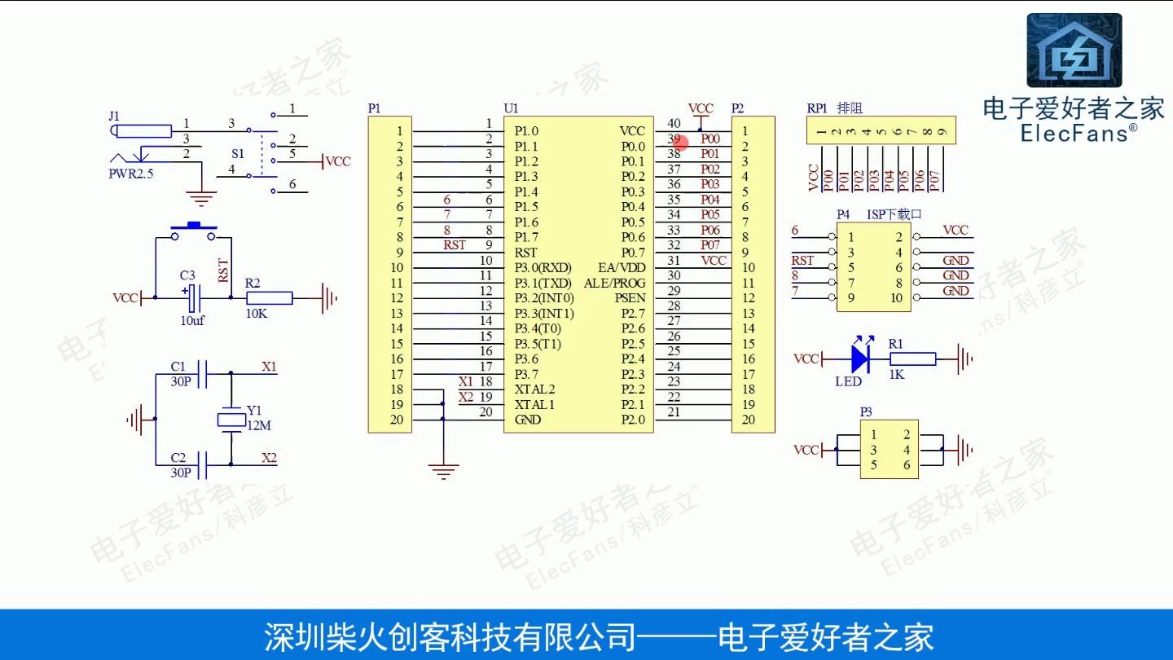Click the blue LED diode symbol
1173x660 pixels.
[x=858, y=359]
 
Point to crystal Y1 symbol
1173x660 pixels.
[x=231, y=420]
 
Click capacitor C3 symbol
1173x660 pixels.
[x=194, y=299]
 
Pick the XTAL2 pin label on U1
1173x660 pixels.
[x=534, y=389]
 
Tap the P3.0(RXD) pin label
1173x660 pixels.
[x=543, y=267]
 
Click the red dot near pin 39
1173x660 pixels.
[x=683, y=143]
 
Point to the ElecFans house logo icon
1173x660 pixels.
[x=1074, y=51]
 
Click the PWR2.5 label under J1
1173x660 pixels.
[x=131, y=174]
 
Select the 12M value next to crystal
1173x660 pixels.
[x=259, y=425]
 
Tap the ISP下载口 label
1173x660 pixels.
[x=894, y=214]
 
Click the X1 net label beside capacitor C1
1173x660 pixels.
[x=269, y=367]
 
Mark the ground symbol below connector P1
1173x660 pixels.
[x=443, y=470]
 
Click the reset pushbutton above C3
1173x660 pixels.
[x=194, y=231]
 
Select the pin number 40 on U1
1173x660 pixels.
[x=674, y=123]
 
